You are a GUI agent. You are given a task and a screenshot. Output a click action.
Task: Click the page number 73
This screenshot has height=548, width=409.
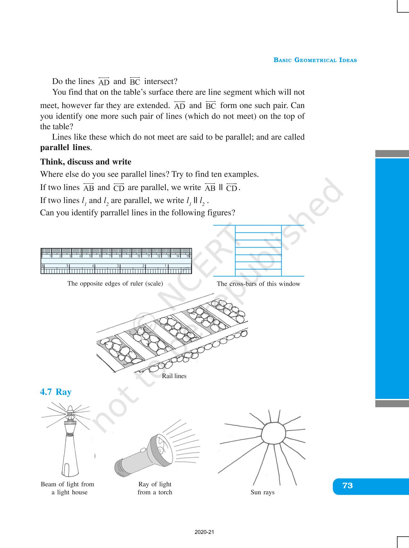[x=347, y=486]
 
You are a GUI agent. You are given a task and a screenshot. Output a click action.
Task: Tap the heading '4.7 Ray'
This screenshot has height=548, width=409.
[x=56, y=392]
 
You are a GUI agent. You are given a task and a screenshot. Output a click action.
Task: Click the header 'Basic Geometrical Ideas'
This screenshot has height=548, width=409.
[x=315, y=60]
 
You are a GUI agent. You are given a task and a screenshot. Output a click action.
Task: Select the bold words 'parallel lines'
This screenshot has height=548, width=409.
[x=65, y=148]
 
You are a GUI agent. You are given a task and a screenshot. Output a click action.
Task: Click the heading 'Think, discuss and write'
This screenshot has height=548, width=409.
[x=86, y=162]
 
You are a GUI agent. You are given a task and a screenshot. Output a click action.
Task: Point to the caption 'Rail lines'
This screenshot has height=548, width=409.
[x=174, y=376]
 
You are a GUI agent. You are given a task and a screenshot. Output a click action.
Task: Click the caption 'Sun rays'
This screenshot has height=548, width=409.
[x=262, y=492]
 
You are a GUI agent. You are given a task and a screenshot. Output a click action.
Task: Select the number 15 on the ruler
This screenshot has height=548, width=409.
[x=188, y=256]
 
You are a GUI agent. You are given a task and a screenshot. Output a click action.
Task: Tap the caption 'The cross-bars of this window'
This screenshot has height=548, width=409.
[x=258, y=284]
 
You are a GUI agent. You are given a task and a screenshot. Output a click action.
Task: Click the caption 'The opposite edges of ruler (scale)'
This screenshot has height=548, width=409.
[x=115, y=283]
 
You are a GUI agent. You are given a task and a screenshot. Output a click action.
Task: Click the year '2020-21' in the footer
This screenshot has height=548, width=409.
[x=204, y=532]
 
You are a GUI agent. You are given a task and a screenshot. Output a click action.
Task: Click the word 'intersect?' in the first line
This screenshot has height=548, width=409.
[x=161, y=81]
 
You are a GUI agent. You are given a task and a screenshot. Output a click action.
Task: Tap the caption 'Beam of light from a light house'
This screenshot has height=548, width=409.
[x=68, y=488]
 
